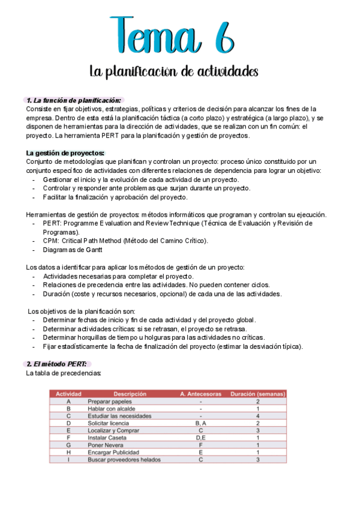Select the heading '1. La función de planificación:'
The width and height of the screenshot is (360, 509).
tap(74, 100)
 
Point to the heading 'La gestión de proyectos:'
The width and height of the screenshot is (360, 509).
tap(65, 153)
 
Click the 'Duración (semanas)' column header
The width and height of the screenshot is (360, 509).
tap(257, 394)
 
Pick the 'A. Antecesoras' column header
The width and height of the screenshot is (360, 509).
tap(200, 394)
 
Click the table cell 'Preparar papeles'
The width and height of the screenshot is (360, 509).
tap(110, 401)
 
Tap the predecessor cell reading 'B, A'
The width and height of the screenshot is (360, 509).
tap(200, 423)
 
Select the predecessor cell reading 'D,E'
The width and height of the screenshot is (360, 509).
tap(200, 438)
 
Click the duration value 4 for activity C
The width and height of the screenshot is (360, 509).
tap(257, 415)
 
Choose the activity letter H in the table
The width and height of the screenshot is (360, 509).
tap(68, 452)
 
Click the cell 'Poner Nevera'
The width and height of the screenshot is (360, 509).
tap(106, 445)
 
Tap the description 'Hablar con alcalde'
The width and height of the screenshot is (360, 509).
tap(112, 408)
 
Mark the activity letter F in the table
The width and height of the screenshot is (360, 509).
tap(68, 438)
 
